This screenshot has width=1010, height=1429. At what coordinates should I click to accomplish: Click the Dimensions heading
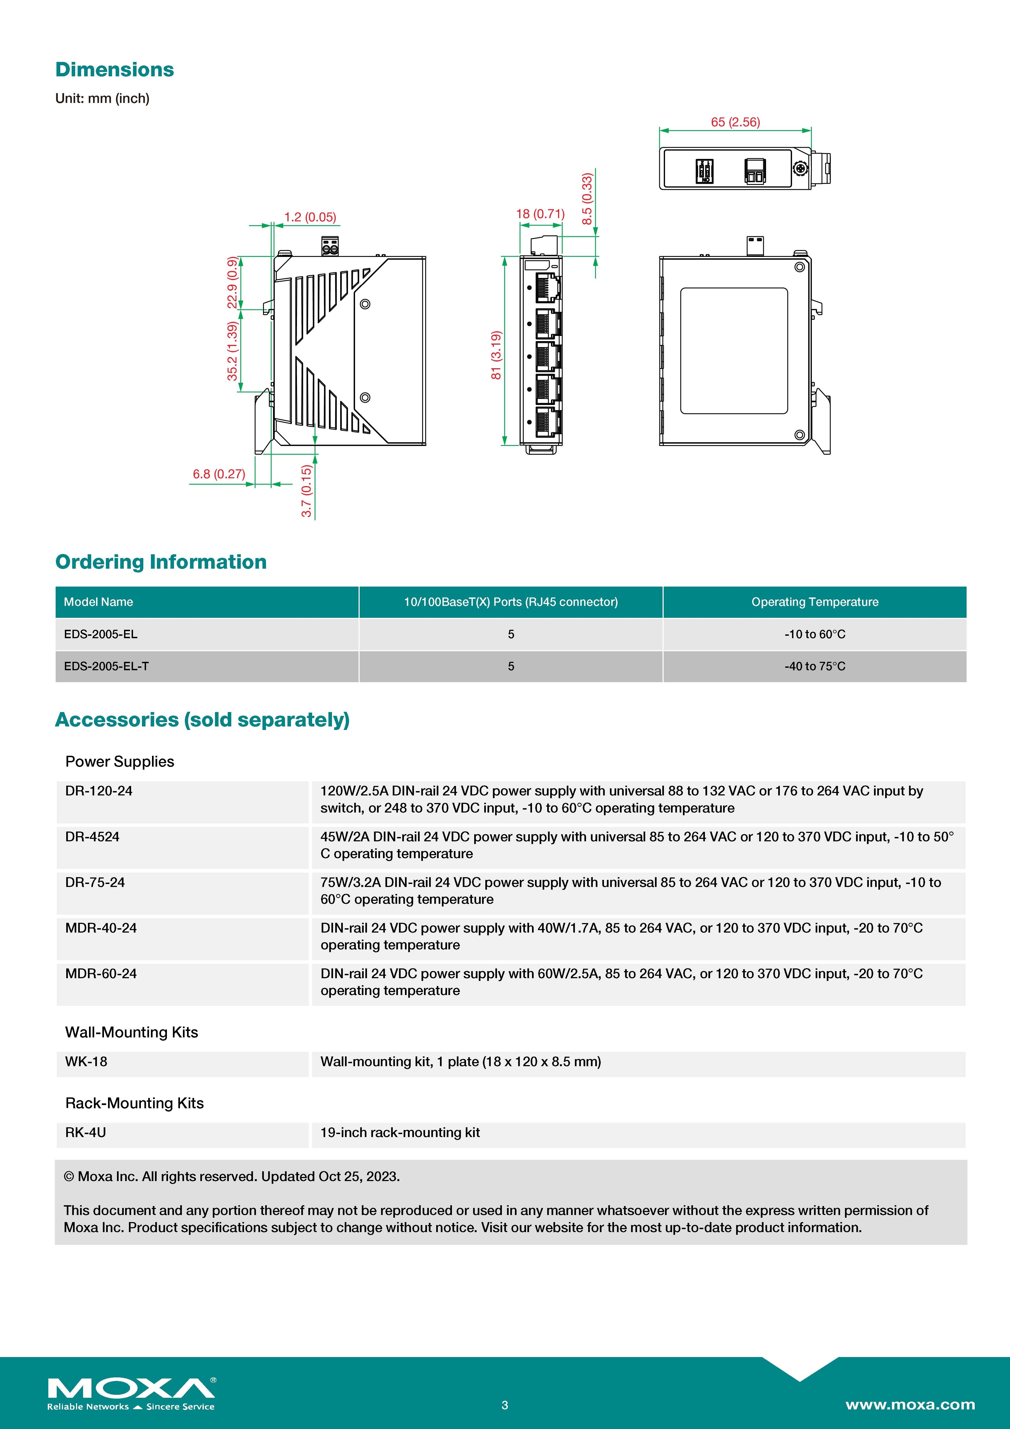[x=115, y=70]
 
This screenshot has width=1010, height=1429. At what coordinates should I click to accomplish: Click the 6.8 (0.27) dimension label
[x=219, y=474]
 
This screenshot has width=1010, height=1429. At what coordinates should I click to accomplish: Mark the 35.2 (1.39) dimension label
[x=232, y=351]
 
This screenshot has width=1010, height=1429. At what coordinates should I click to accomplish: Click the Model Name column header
[x=98, y=602]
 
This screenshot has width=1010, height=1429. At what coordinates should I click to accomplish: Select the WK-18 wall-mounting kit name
[x=86, y=1062]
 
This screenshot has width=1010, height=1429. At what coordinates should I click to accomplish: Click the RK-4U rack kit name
[x=85, y=1133]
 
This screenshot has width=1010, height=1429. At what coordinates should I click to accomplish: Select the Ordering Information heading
[x=160, y=562]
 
